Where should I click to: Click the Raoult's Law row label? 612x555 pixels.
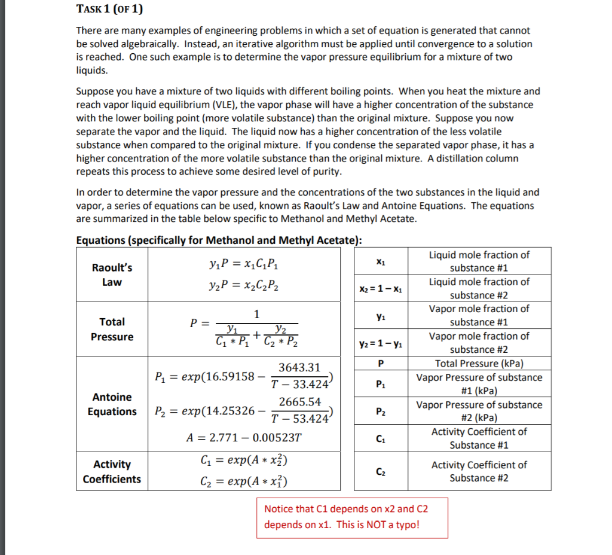pos(112,275)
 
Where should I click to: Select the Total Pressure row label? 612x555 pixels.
pos(112,329)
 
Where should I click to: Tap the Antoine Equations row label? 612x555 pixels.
pos(112,404)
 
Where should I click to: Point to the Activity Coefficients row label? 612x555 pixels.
pos(112,471)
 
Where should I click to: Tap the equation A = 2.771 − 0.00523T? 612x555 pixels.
pos(244,437)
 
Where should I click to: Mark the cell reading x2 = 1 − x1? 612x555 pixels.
pos(380,289)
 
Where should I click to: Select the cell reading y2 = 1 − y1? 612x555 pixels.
pos(380,343)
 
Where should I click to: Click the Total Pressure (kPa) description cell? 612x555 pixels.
pos(479,364)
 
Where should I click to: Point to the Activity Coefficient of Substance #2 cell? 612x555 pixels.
pos(479,471)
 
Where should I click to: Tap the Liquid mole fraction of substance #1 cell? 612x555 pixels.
pos(479,261)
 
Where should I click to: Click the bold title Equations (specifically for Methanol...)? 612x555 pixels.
pos(219,240)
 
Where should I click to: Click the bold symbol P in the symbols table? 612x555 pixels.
pos(380,364)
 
